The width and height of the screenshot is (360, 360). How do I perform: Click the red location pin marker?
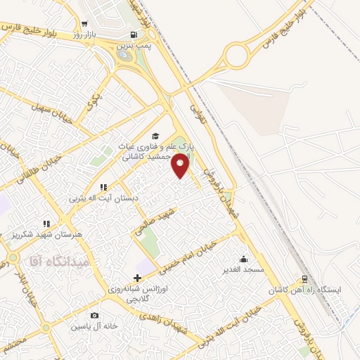pyautogui.click(x=181, y=166)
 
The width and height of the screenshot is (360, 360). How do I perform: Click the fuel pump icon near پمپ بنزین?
pyautogui.click(x=132, y=34)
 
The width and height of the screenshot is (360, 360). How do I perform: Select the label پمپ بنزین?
pyautogui.click(x=132, y=44)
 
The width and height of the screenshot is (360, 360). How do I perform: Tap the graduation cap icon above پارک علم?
pyautogui.click(x=155, y=136)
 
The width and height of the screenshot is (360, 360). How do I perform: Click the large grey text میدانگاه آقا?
pyautogui.click(x=58, y=261)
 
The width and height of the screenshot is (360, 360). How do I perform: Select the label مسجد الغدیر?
pyautogui.click(x=243, y=269)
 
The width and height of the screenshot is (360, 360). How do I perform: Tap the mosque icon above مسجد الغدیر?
pyautogui.click(x=243, y=259)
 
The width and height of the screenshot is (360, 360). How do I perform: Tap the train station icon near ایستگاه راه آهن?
pyautogui.click(x=304, y=278)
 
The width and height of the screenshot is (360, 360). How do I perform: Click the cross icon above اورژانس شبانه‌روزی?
pyautogui.click(x=138, y=278)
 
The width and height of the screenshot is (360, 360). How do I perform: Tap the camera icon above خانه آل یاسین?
pyautogui.click(x=95, y=316)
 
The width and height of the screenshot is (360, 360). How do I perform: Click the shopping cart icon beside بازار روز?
pyautogui.click(x=85, y=23)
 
